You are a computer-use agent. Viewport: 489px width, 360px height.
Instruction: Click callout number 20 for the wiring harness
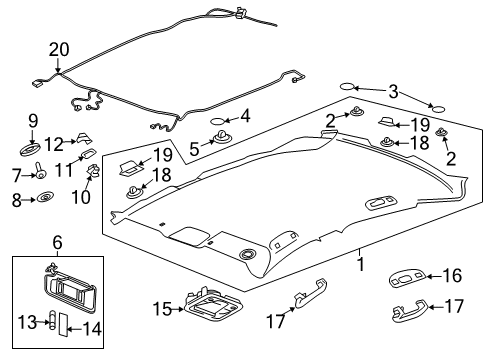(59, 49)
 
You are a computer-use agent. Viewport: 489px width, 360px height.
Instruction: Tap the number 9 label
(33, 122)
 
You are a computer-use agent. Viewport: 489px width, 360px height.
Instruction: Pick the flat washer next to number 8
(46, 200)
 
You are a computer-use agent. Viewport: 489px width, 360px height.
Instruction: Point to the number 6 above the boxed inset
(57, 243)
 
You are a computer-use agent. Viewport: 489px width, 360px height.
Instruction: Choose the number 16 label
(451, 276)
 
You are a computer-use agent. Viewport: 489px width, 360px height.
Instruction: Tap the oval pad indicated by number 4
(219, 125)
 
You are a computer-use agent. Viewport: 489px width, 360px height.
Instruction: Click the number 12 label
(53, 143)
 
